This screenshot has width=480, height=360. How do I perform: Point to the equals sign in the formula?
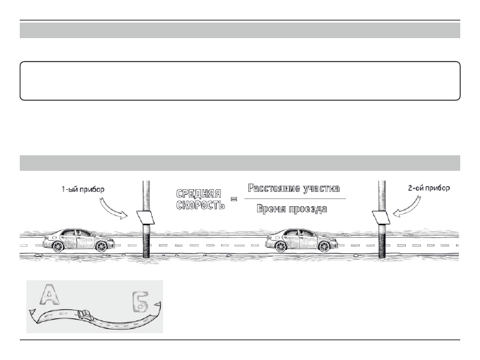tap(234, 200)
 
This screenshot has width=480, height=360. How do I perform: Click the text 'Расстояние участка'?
tap(294, 188)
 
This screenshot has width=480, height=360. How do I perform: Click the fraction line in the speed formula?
tap(294, 199)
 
